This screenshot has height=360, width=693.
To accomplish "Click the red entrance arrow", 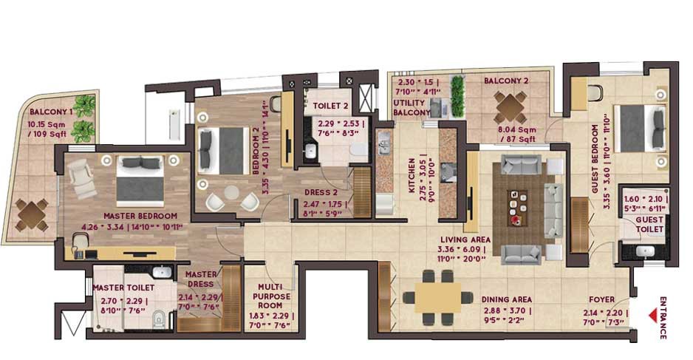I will (652, 316).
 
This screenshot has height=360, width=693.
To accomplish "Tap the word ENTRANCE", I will (663, 318).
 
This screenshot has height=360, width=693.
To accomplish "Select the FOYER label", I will (603, 299).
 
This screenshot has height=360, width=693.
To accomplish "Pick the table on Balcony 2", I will (510, 108).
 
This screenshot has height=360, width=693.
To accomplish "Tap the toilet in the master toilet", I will (157, 320).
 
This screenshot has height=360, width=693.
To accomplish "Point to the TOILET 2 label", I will (330, 106).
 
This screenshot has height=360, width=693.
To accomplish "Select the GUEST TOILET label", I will (650, 225).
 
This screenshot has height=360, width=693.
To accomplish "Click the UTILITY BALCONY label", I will (412, 107).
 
